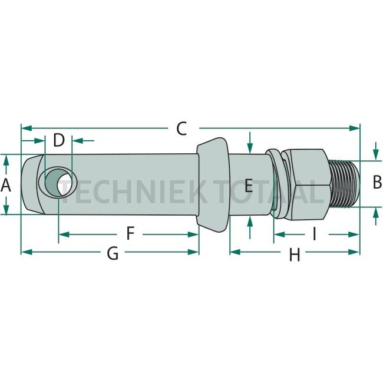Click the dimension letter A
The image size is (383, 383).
[6, 185]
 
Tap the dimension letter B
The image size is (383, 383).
[377, 182]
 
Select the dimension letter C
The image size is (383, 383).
[181, 128]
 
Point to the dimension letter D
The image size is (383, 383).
[59, 140]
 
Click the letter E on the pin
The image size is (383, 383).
[249, 186]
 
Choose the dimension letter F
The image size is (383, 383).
[130, 233]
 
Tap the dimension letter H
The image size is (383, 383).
[295, 255]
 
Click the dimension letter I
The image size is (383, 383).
[315, 233]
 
